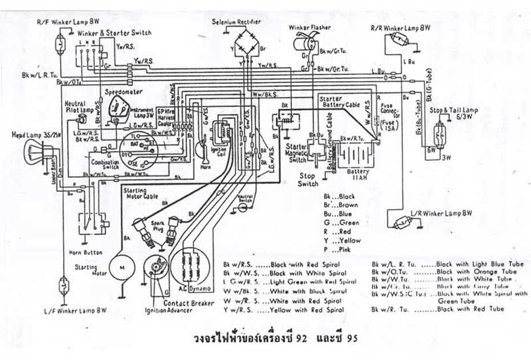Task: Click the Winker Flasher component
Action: [307, 43]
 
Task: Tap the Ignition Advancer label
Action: [170, 310]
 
